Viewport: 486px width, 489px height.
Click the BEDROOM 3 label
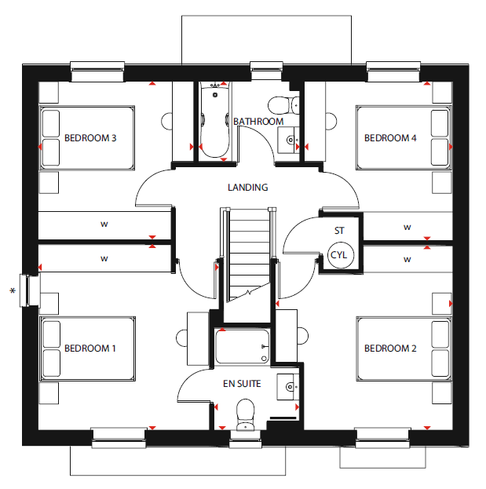click(90, 138)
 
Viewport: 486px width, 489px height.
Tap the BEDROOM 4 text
click(390, 138)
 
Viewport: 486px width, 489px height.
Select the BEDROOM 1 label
click(90, 348)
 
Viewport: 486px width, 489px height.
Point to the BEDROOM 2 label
click(390, 348)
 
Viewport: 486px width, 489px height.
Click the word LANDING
click(247, 187)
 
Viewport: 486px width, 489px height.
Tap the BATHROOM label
click(258, 122)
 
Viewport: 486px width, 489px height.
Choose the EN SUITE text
click(242, 384)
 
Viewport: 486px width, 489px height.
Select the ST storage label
click(339, 231)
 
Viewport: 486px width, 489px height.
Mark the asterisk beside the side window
click(13, 291)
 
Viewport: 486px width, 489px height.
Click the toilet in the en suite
click(246, 414)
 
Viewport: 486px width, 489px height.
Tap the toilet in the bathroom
click(283, 105)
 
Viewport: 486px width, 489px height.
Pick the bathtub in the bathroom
click(214, 120)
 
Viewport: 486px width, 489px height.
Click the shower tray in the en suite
click(242, 346)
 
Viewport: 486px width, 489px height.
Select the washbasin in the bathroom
click(289, 140)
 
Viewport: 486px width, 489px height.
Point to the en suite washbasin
click(288, 387)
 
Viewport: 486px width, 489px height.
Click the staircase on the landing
click(249, 255)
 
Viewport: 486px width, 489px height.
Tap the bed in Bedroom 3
click(87, 138)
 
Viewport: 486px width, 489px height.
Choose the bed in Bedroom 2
click(404, 349)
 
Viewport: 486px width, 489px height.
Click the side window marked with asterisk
click(30, 290)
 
